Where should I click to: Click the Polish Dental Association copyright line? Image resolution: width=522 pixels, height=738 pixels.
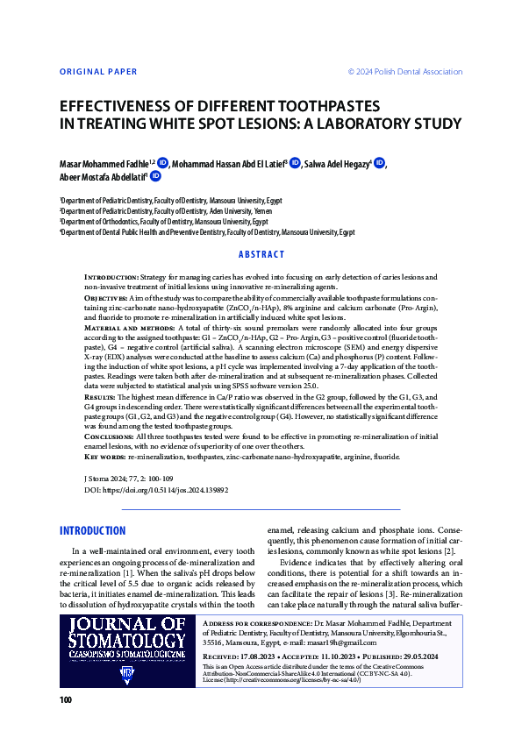pos(405,71)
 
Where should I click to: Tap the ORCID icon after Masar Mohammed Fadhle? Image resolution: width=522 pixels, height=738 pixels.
pos(162,162)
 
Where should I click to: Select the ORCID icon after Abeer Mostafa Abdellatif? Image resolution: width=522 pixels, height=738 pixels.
pos(155,176)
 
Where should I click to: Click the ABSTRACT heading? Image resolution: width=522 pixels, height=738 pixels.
pos(261,254)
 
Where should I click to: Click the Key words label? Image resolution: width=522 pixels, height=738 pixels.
pos(104,457)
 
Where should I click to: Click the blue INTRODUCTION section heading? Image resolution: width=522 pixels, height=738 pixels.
pos(92,531)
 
